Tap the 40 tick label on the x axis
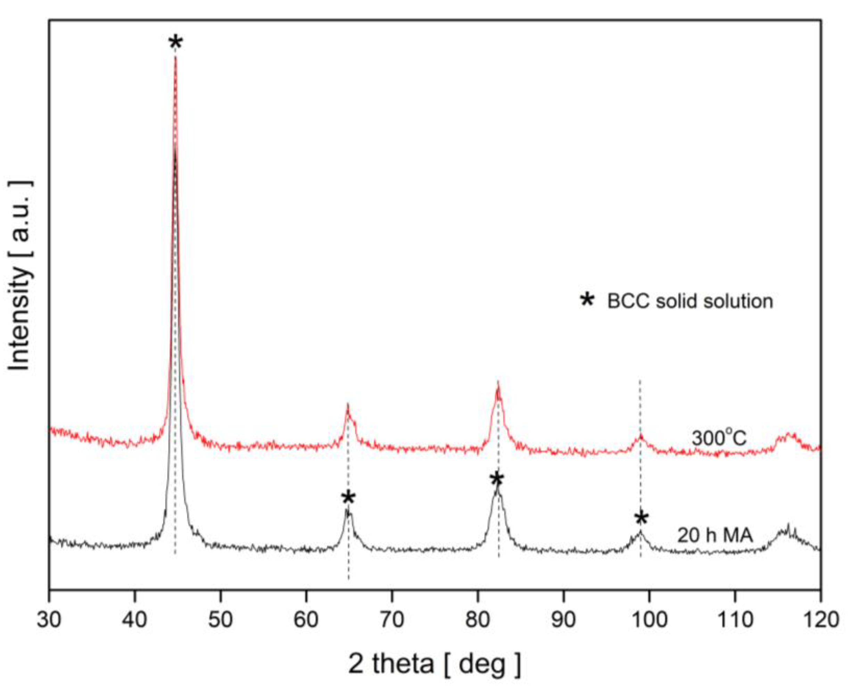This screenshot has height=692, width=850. pyautogui.click(x=135, y=620)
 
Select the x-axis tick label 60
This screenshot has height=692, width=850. pyautogui.click(x=306, y=620)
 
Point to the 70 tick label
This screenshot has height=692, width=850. pyautogui.click(x=392, y=620)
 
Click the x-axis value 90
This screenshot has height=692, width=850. pyautogui.click(x=563, y=620)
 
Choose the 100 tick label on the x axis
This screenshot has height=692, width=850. pyautogui.click(x=649, y=620)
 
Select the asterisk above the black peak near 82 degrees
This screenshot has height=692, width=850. pyautogui.click(x=497, y=480)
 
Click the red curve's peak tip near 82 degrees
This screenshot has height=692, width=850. pyautogui.click(x=498, y=383)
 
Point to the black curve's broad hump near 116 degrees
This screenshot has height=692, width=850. pyautogui.click(x=787, y=531)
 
